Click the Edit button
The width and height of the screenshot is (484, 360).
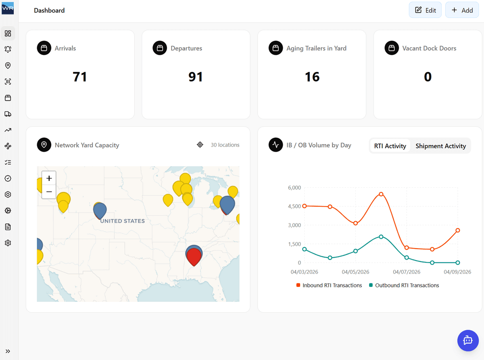[425, 10]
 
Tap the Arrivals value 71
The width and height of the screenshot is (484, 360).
[80, 77]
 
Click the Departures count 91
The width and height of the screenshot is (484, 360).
[196, 77]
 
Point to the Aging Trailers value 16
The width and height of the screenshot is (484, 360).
[312, 77]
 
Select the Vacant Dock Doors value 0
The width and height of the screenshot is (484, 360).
[428, 77]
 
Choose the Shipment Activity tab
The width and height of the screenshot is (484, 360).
[440, 146]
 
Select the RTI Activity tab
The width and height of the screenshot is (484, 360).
[390, 146]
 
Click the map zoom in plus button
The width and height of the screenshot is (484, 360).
[49, 178]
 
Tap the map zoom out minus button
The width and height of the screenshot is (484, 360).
[49, 192]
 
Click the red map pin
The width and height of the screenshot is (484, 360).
[194, 256]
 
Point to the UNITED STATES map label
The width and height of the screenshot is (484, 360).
[122, 221]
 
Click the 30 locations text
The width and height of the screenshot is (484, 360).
[225, 145]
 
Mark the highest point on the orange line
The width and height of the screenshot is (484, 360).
[381, 194]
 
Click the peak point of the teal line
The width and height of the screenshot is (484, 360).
[381, 237]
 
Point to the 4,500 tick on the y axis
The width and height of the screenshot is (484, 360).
[294, 206]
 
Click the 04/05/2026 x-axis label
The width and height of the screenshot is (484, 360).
[355, 272]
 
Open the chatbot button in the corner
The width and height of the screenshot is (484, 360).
[468, 340]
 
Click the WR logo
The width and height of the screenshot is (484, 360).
[8, 8]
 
